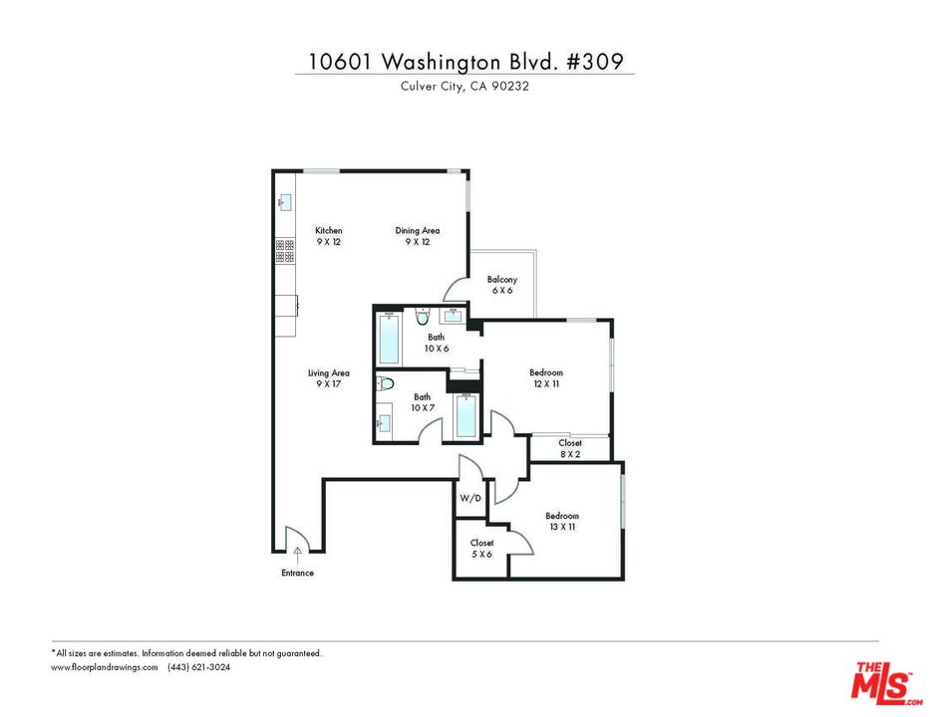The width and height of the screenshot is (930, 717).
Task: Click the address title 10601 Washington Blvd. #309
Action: [465, 62]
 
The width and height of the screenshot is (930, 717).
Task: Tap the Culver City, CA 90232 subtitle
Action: [465, 86]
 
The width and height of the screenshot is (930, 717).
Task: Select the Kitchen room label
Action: [329, 236]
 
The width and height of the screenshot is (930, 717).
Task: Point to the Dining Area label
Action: [418, 236]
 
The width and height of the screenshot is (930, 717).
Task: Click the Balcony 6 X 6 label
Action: [502, 285]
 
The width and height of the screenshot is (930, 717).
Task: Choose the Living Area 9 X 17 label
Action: [329, 378]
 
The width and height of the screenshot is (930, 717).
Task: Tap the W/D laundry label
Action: [469, 498]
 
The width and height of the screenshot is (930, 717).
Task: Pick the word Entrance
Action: [297, 573]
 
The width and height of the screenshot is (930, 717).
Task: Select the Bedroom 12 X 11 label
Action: [546, 378]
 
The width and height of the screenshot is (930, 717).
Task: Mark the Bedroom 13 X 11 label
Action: [562, 521]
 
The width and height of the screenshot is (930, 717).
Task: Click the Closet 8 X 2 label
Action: [570, 448]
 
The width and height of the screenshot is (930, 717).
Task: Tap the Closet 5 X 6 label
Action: [481, 549]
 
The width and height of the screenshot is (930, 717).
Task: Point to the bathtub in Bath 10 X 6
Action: [389, 340]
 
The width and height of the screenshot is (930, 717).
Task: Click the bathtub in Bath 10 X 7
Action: [465, 415]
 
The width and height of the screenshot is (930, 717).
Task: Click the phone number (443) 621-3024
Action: [198, 667]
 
